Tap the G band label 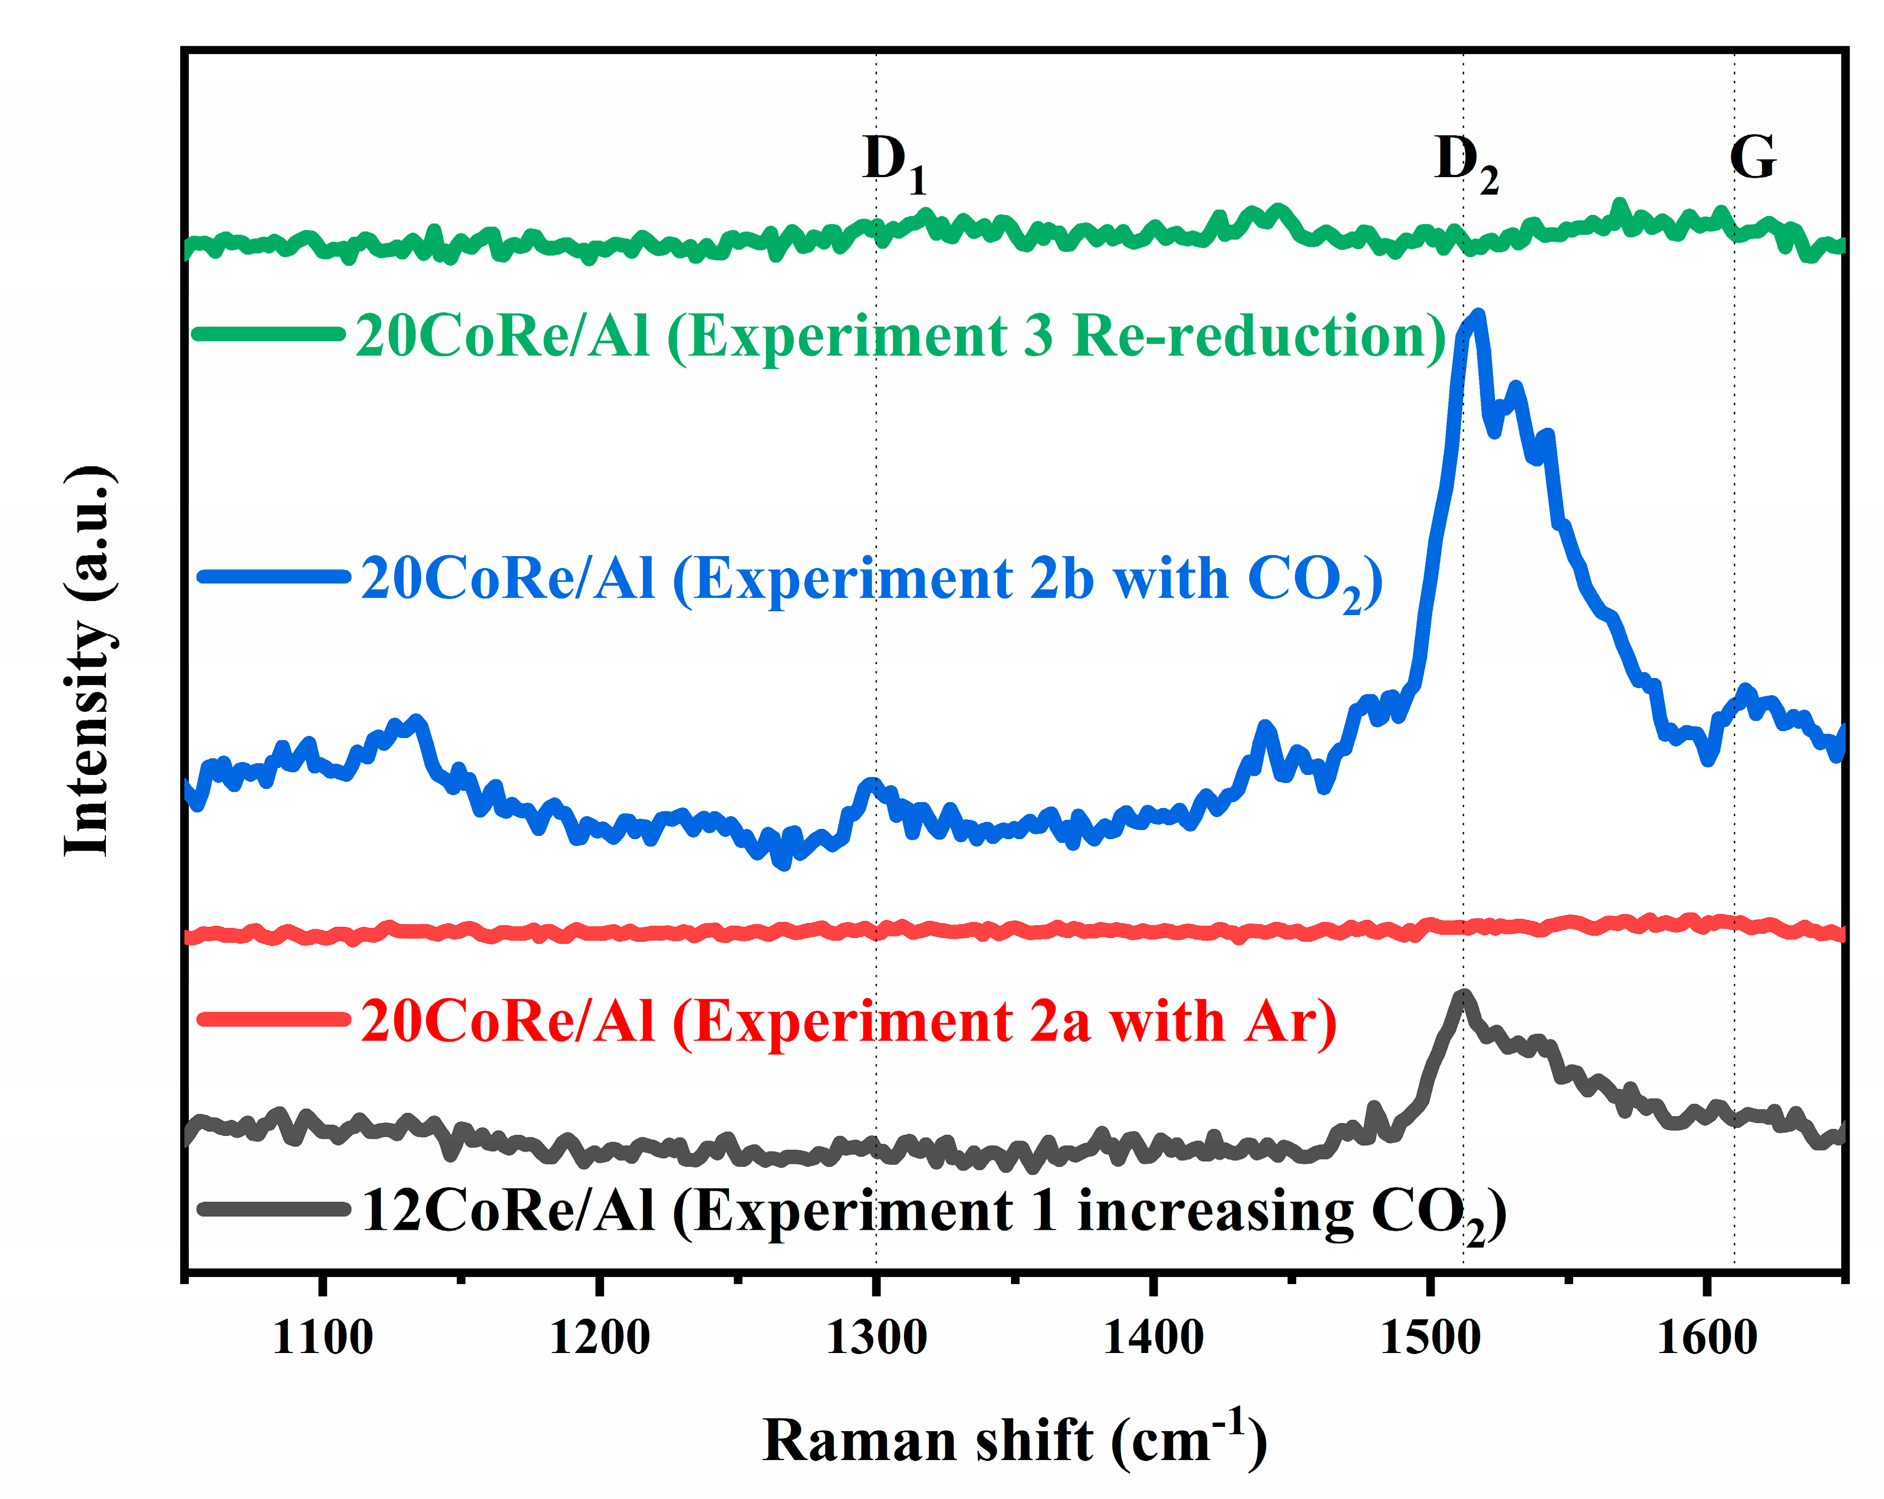click(x=1752, y=158)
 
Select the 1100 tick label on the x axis click(x=323, y=1337)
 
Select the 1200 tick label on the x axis click(x=600, y=1337)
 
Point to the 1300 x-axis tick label click(x=876, y=1337)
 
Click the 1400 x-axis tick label click(x=1153, y=1337)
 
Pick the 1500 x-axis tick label click(x=1430, y=1337)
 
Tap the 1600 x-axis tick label click(x=1706, y=1337)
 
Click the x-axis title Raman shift click(x=1014, y=1441)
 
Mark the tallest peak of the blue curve click(x=1477, y=316)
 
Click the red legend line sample click(x=273, y=1019)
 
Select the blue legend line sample click(x=273, y=575)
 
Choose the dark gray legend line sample click(x=273, y=1209)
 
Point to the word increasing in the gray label click(x=1215, y=1212)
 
